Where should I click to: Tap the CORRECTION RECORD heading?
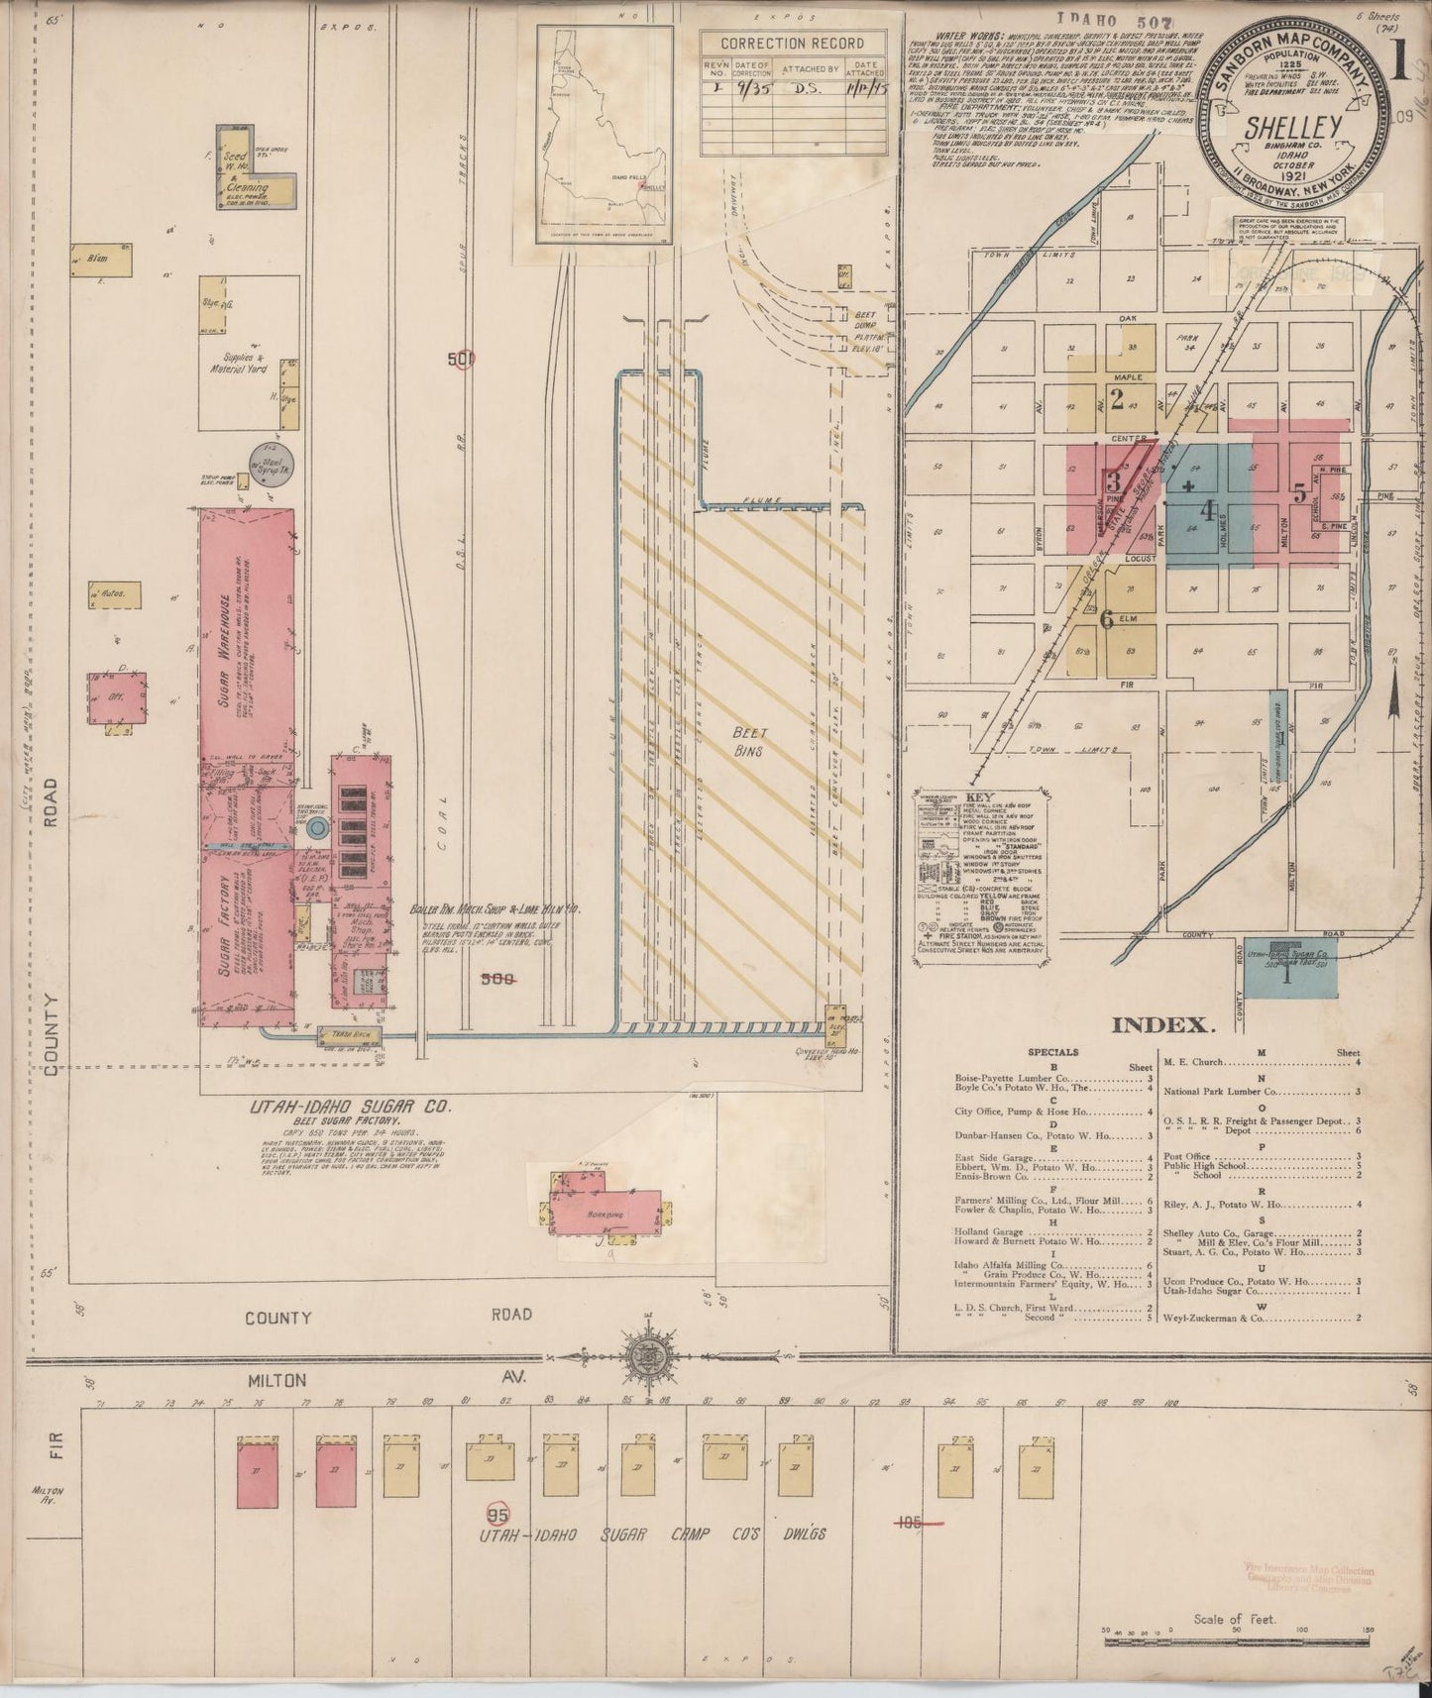(x=792, y=44)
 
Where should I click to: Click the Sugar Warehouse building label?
(x=226, y=651)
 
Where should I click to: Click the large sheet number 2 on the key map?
(x=1117, y=400)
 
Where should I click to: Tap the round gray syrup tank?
(x=265, y=459)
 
